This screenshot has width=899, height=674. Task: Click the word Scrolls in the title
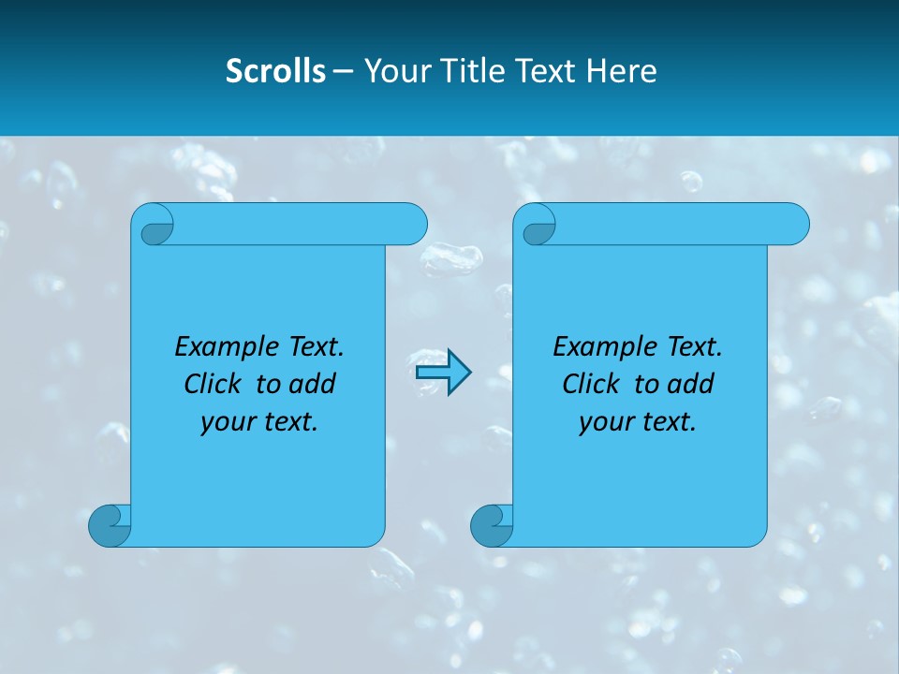point(275,71)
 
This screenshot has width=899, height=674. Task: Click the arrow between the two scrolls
point(443,373)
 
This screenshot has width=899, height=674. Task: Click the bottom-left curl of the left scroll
point(109,526)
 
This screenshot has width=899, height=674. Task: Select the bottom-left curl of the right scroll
point(491,526)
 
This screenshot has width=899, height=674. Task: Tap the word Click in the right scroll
point(591,384)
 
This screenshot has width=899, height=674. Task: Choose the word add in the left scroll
point(312,384)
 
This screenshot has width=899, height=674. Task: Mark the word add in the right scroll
point(690,384)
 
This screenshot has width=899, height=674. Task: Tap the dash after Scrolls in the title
point(343,71)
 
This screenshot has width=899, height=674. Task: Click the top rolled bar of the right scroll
point(674,224)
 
